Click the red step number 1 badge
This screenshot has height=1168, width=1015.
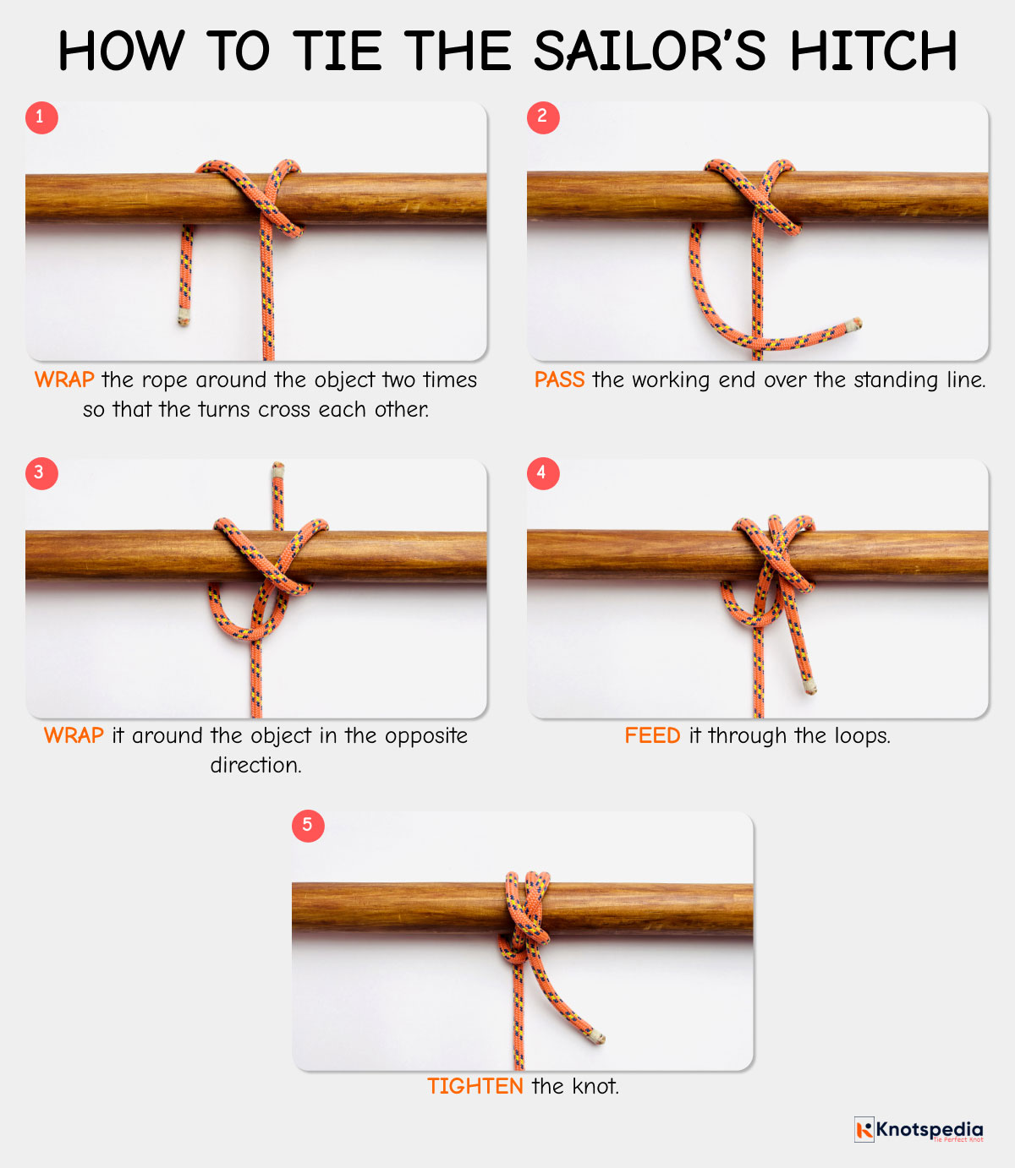coord(41,117)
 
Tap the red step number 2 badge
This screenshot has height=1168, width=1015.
coord(543,117)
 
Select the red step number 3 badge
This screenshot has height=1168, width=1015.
coord(41,473)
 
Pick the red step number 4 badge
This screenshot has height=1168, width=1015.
coord(543,473)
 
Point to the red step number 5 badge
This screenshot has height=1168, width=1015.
coord(308,826)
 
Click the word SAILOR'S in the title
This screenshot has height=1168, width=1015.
coord(650,51)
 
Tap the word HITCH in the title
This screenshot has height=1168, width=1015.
coord(874,51)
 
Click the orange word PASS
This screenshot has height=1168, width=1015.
coord(559,379)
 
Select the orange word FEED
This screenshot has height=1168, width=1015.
coord(652,735)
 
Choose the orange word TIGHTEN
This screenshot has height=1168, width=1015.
coord(475,1086)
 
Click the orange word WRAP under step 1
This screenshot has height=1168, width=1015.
coord(64,379)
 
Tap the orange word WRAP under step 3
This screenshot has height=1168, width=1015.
coord(74,735)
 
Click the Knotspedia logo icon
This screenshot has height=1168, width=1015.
coord(864,1129)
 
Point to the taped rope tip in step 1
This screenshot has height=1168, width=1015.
coord(183,317)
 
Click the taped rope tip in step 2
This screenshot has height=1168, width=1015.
coord(853,325)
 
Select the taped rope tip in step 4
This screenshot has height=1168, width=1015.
coord(809,687)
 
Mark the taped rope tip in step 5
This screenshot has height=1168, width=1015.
coord(597,1036)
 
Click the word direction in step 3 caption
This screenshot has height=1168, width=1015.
coord(255,765)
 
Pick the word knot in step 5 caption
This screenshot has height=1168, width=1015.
coord(595,1086)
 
